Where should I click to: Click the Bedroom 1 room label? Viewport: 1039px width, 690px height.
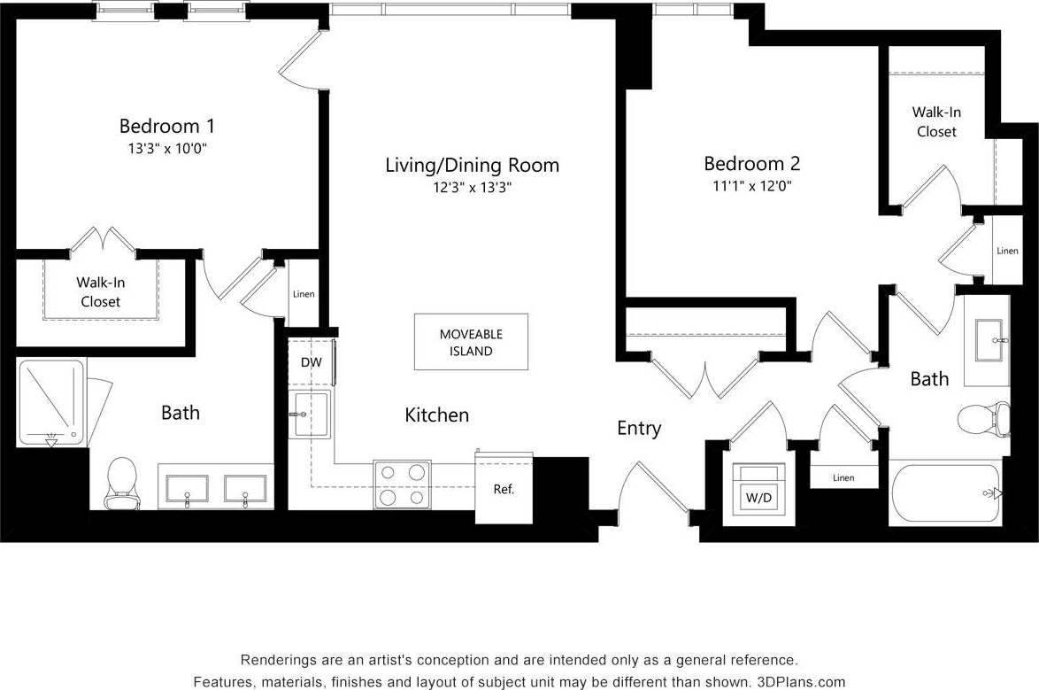point(166,126)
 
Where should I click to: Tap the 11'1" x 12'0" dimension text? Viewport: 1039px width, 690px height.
point(751,187)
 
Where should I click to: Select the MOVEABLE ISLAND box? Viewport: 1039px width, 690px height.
point(471,342)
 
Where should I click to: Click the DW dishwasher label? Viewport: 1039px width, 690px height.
point(311,362)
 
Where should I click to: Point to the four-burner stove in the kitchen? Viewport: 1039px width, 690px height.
point(402,485)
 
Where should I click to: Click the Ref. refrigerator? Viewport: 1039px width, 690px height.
point(504,488)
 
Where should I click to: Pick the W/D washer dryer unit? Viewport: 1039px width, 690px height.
point(758,497)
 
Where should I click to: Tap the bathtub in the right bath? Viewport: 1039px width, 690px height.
point(945,493)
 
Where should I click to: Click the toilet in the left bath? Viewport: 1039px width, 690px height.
point(121,484)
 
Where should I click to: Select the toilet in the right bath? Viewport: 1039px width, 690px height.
point(985,420)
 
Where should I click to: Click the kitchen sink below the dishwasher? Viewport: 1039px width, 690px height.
point(311,414)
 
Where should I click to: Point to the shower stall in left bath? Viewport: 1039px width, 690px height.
point(51,402)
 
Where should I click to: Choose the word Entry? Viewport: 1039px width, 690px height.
point(639,429)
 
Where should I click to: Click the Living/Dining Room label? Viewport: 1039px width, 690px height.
point(472,165)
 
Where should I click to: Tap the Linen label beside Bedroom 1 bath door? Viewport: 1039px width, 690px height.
point(303,294)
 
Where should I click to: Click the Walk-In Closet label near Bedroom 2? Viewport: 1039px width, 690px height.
point(936,122)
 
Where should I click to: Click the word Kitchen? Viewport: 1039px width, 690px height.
point(436,415)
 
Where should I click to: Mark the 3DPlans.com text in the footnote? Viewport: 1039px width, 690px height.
point(801,682)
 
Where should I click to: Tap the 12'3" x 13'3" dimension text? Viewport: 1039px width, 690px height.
point(472,188)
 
